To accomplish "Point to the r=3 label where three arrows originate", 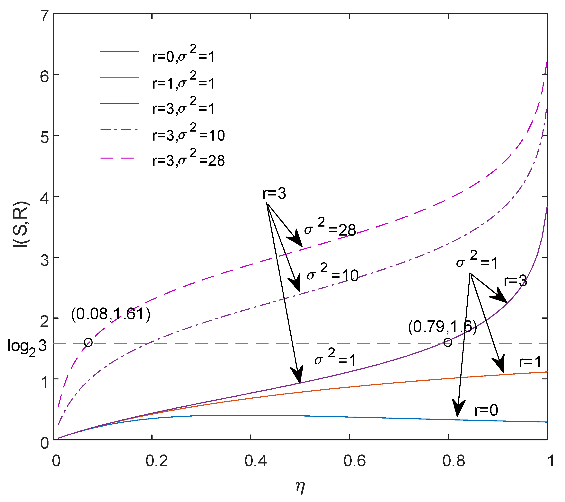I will (x=274, y=193).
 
